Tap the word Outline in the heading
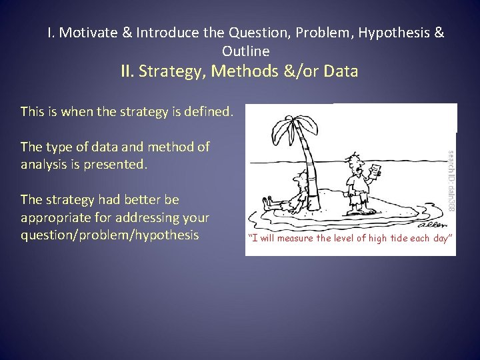tap(246, 51)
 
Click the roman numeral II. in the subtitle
tap(129, 71)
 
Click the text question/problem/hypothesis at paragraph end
tap(109, 235)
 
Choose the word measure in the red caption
tap(297, 239)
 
